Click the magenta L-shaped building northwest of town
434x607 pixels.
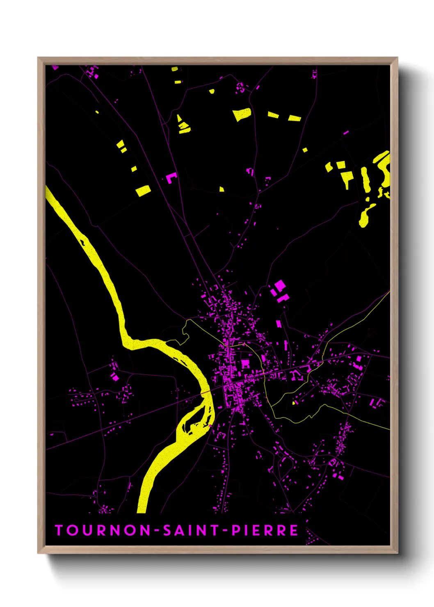pos(171,178)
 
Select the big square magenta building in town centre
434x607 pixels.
pos(245,363)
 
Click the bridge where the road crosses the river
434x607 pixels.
pos(206,392)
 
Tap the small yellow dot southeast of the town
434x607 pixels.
pos(294,403)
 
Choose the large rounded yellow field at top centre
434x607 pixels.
pos(242,114)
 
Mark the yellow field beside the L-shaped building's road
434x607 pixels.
pos(143,191)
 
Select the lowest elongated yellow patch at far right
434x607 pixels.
pos(365,216)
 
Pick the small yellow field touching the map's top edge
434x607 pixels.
pos(175,68)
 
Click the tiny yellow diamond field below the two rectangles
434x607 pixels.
pos(305,150)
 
